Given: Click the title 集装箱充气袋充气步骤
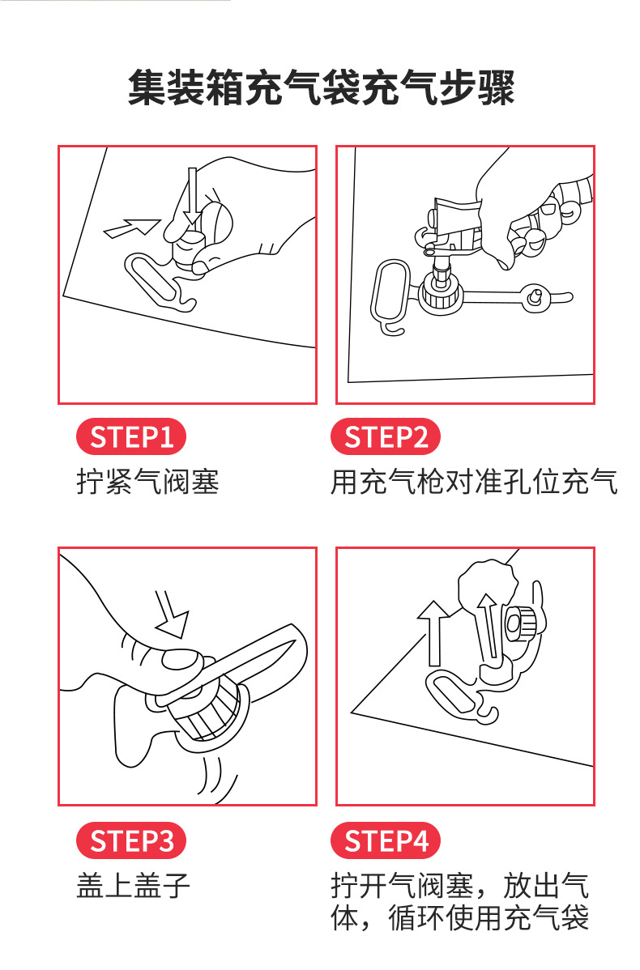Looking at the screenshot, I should click(x=321, y=88).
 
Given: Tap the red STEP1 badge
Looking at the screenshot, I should click(x=131, y=437).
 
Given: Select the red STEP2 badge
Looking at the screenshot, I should click(x=386, y=437).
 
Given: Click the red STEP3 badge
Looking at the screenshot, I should click(x=131, y=840).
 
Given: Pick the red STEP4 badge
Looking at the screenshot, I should click(x=386, y=840).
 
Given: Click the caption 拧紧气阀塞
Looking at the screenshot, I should click(x=148, y=483).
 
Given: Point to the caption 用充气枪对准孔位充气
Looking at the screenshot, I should click(x=474, y=483).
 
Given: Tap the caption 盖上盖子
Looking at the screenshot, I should click(x=134, y=885).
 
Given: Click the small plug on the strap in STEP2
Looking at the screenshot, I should click(x=535, y=299).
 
